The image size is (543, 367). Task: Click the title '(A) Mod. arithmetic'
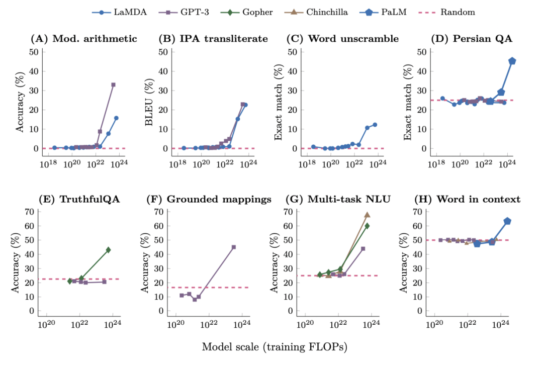(x=83, y=39)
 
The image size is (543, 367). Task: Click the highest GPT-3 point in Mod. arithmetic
(x=113, y=84)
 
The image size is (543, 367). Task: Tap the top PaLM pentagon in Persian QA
(x=512, y=61)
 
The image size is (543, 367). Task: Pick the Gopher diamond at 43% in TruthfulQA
(x=108, y=250)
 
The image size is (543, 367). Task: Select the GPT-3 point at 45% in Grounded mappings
(x=234, y=247)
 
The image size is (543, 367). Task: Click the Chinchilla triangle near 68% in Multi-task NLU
(x=367, y=215)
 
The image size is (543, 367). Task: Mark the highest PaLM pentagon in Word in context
(x=507, y=221)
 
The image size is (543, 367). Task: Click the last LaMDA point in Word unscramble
(x=375, y=125)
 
